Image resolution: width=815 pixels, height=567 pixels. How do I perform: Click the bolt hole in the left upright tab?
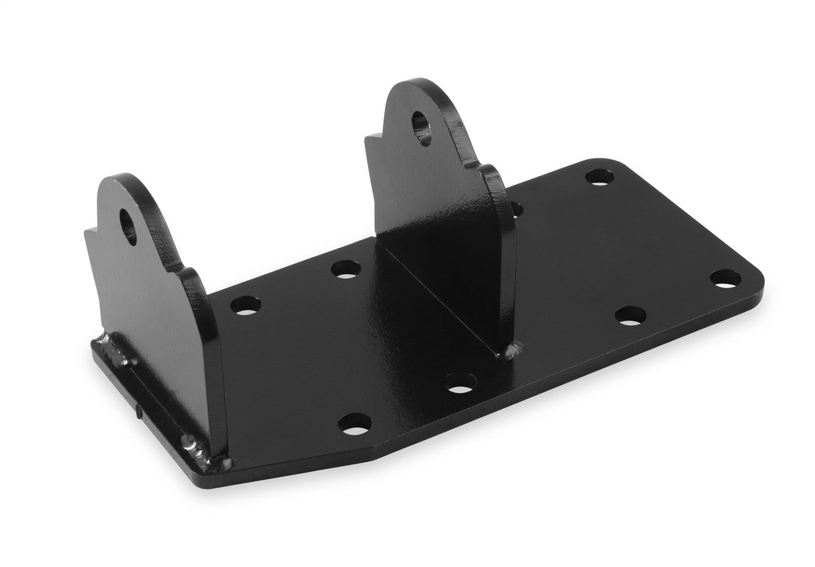pos(128,226)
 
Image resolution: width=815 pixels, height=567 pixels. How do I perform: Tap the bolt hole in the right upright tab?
pos(422,128)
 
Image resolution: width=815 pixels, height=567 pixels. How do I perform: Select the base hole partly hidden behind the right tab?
pos(516,209)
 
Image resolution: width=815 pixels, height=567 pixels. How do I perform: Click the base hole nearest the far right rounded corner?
pos(725,278)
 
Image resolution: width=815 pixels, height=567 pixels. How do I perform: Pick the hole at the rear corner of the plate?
pos(599,177)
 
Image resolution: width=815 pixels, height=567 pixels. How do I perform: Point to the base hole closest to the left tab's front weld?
pos(354,423)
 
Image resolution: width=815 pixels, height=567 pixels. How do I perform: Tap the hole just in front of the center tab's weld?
pos(460,382)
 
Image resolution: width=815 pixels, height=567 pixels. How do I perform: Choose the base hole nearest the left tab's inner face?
pos(245,305)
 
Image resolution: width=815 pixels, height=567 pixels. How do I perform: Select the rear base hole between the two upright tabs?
pos(346,269)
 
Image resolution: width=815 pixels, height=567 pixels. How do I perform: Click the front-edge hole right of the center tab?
pos(630,315)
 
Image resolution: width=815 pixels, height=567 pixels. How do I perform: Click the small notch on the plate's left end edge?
pos(137,410)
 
